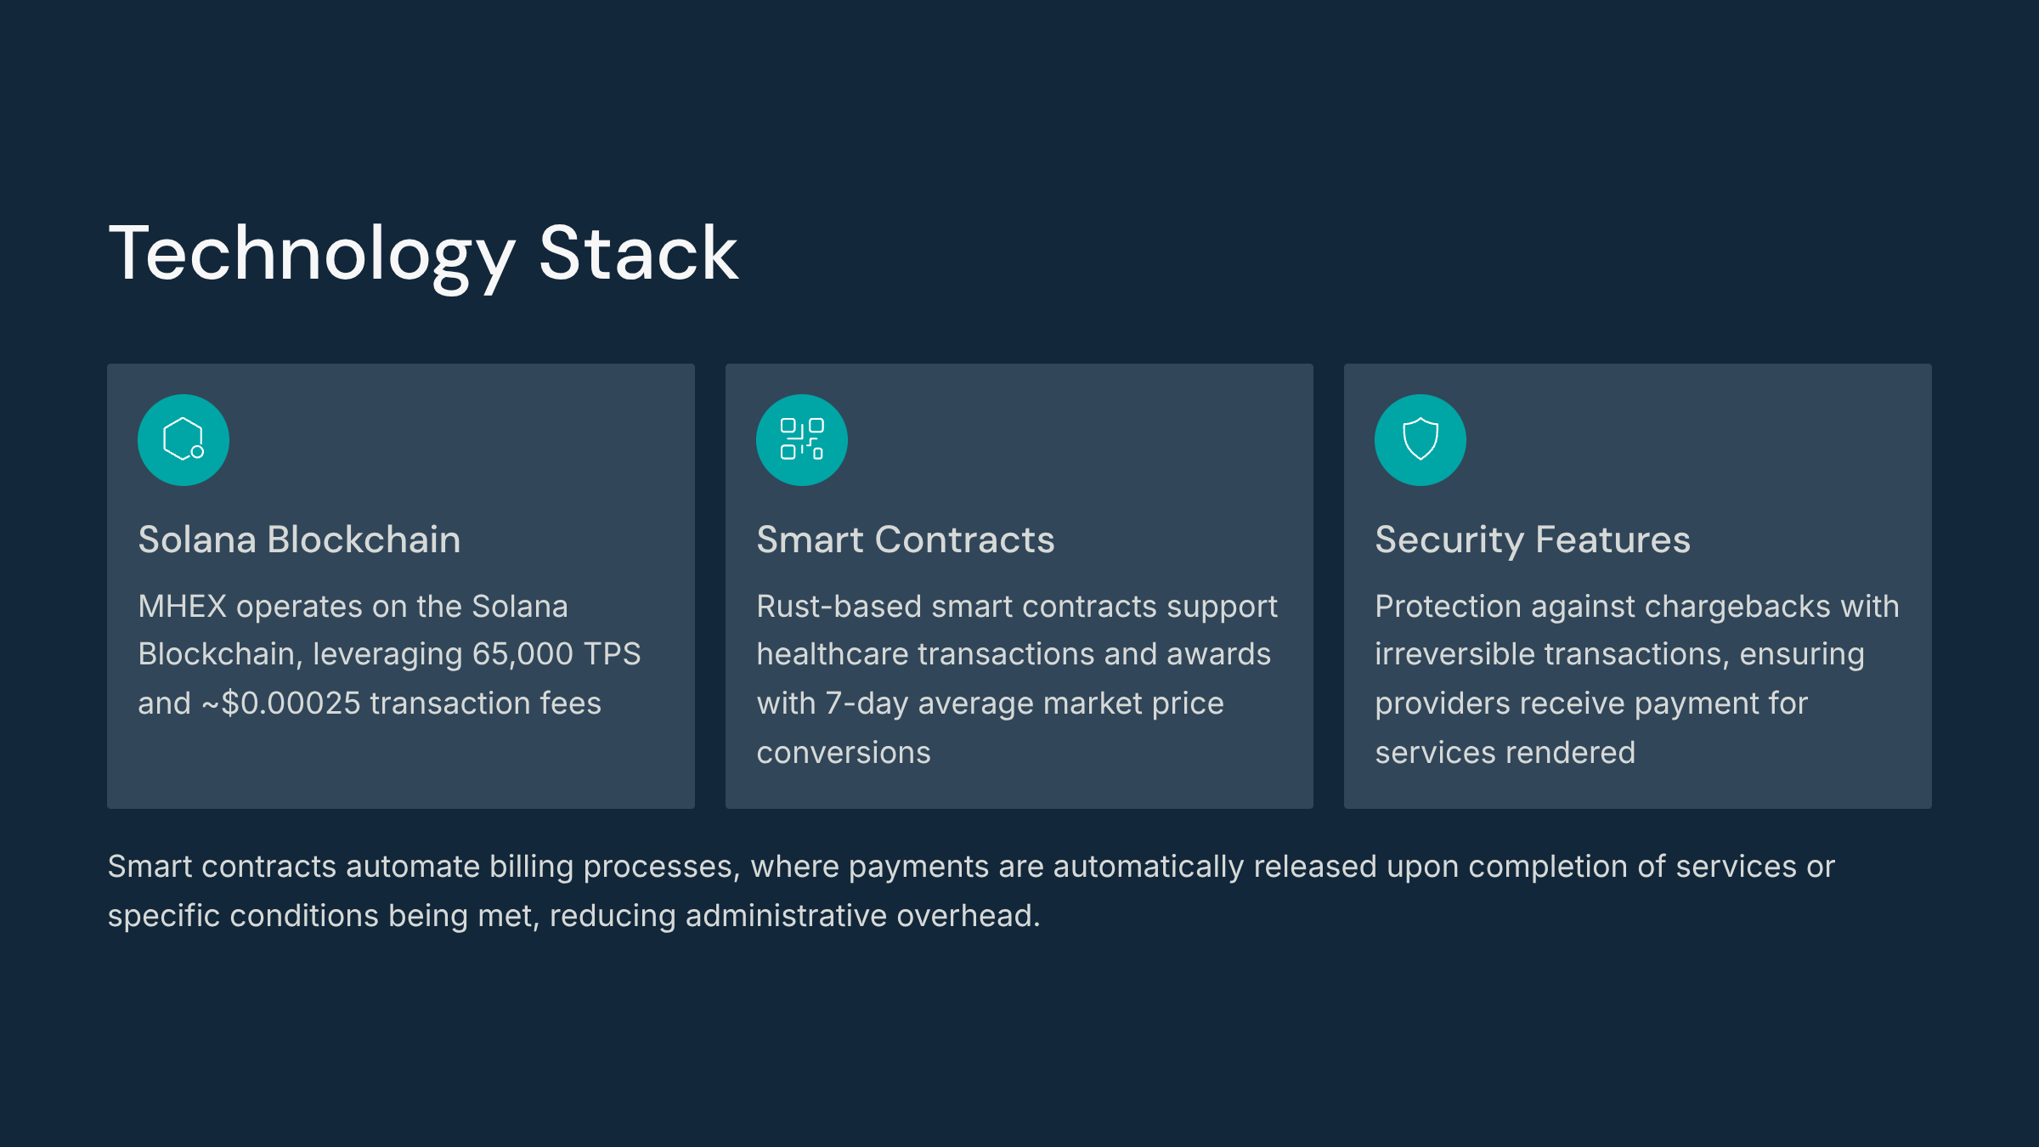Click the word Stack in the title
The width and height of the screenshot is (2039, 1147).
click(x=639, y=252)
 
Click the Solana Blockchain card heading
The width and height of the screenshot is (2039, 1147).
click(x=299, y=540)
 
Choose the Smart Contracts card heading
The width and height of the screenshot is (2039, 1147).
click(x=906, y=540)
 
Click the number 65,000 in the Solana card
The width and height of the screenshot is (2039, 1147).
click(x=522, y=655)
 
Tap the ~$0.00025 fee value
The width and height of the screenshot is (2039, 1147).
click(x=281, y=703)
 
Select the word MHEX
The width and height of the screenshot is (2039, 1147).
click(x=183, y=607)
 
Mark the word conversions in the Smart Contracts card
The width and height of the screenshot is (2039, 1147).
click(x=844, y=754)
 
